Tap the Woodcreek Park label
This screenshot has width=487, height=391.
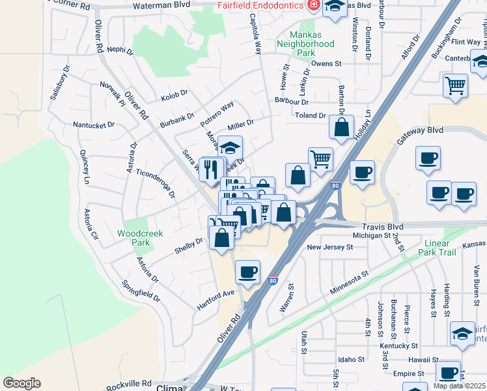click(x=140, y=238)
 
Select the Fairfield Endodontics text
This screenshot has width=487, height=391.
click(x=260, y=5)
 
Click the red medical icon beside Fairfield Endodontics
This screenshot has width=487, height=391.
click(x=313, y=5)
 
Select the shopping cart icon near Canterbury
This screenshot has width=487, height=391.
click(x=455, y=84)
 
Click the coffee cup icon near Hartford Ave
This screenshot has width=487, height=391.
click(x=247, y=272)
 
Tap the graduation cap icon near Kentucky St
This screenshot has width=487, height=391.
click(x=462, y=333)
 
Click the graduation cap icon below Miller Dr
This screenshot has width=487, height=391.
click(x=230, y=147)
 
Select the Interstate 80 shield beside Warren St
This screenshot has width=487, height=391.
click(x=272, y=282)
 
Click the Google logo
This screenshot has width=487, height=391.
click(x=21, y=383)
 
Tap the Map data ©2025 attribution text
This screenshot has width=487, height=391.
click(x=460, y=386)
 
